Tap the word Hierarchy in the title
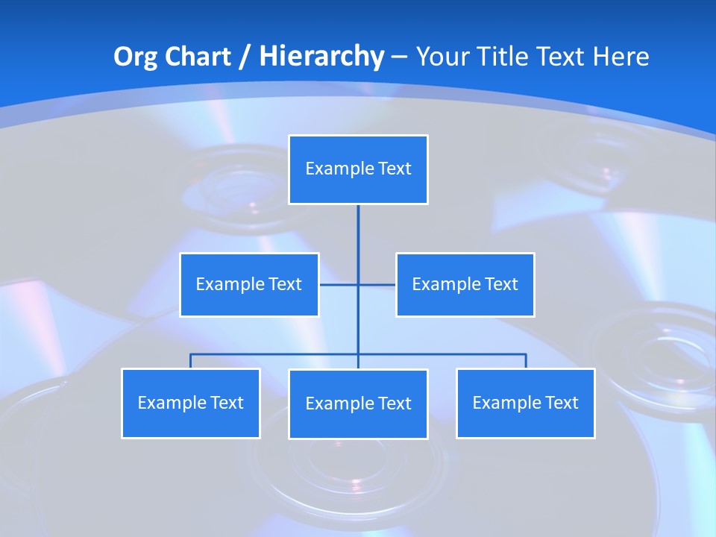click(x=321, y=57)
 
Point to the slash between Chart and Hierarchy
click(x=245, y=57)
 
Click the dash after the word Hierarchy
click(x=399, y=57)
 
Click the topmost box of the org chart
click(x=358, y=169)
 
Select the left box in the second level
click(x=249, y=284)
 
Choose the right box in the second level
click(x=465, y=284)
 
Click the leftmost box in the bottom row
click(x=190, y=403)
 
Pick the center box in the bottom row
click(x=358, y=403)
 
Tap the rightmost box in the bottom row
click(x=525, y=403)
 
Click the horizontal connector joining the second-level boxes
click(x=377, y=284)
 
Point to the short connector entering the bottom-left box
click(x=190, y=361)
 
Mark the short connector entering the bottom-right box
click(x=526, y=361)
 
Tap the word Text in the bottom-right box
click(x=562, y=403)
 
